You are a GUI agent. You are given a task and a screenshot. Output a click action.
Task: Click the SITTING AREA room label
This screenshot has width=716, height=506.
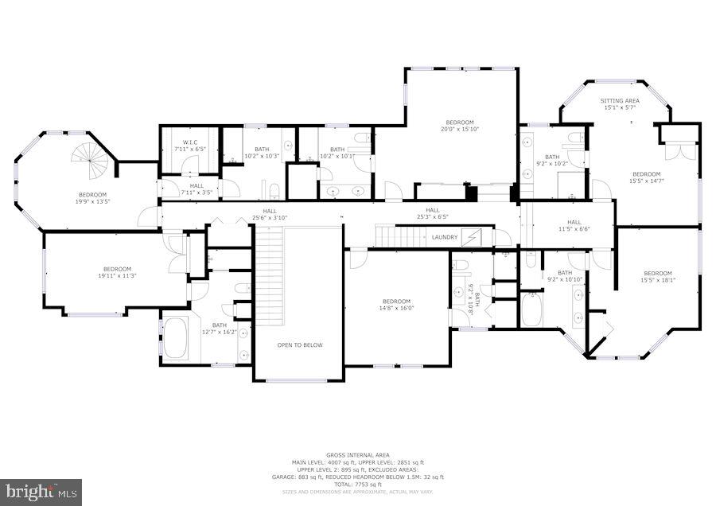click(620, 101)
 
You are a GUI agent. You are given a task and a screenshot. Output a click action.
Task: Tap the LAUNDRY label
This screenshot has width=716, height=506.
click(445, 237)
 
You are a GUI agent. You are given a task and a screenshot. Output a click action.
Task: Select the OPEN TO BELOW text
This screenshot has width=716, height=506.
click(299, 345)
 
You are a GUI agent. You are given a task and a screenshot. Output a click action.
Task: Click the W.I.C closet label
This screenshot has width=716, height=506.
click(189, 142)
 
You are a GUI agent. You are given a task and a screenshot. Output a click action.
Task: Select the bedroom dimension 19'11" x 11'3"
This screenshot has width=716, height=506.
click(117, 276)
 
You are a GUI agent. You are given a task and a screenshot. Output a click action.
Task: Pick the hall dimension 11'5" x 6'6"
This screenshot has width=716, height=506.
click(574, 229)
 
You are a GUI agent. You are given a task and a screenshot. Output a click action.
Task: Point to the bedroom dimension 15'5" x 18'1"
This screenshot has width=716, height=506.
click(657, 280)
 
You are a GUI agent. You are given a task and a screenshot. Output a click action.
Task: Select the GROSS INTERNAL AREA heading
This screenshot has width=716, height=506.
click(357, 455)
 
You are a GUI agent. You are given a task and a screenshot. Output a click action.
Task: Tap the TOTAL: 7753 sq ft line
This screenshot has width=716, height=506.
click(357, 485)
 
